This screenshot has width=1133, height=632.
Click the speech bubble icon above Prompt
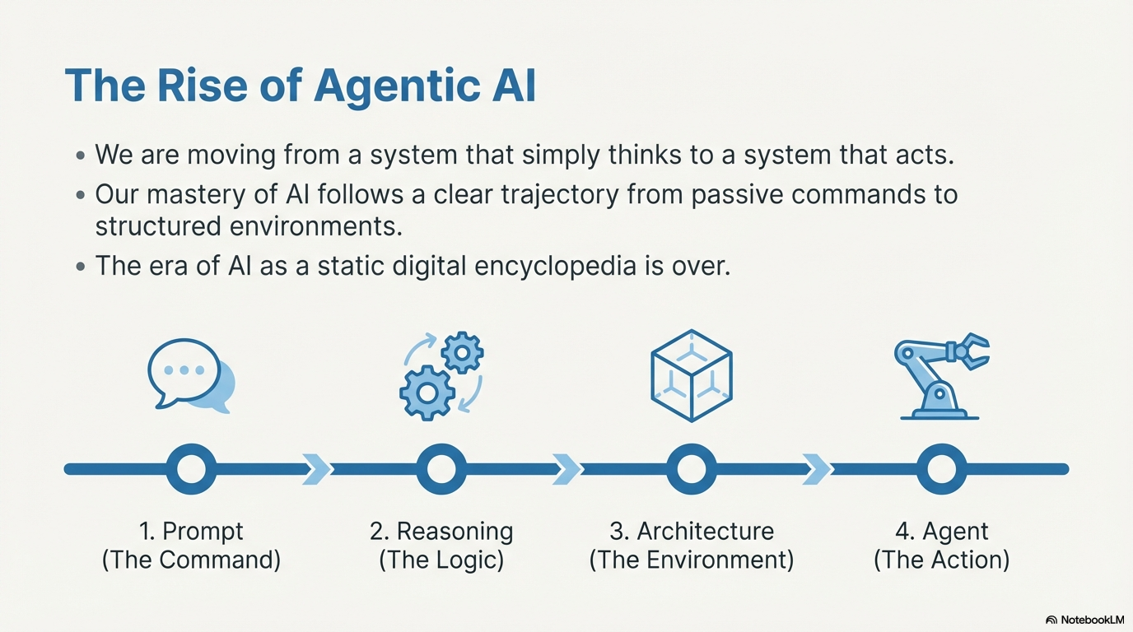click(191, 375)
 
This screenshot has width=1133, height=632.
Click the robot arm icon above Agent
click(941, 375)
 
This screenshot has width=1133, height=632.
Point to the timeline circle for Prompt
click(191, 469)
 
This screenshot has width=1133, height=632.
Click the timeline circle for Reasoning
click(441, 469)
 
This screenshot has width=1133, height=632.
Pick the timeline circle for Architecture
click(692, 469)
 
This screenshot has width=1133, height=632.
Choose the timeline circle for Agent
click(941, 469)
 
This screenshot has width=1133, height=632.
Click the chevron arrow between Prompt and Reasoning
click(316, 469)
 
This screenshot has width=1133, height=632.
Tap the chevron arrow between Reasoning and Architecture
click(566, 469)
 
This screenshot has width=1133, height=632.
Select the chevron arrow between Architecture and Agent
click(817, 469)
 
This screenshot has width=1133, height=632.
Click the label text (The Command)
click(191, 560)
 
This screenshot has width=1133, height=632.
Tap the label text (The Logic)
click(441, 560)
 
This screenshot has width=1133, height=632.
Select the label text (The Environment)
click(692, 560)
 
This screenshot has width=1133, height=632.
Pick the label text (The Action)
click(941, 560)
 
